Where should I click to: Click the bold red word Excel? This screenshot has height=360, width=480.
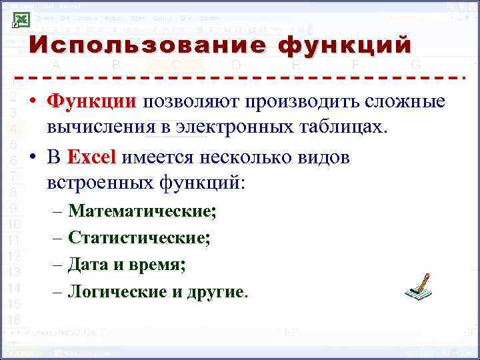click(91, 157)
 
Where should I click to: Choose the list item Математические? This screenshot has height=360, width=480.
click(142, 211)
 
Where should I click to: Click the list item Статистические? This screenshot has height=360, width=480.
click(139, 238)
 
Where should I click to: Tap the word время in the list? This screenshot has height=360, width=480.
click(160, 265)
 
